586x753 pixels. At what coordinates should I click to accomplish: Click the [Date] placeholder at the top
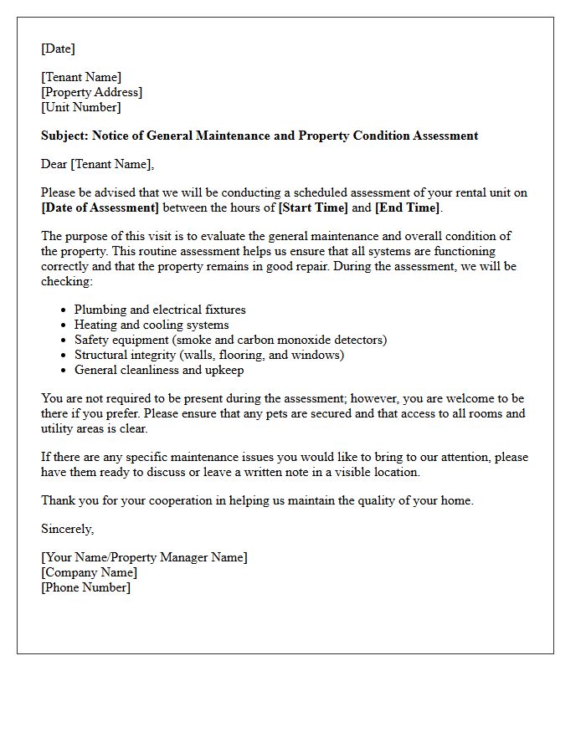(x=58, y=49)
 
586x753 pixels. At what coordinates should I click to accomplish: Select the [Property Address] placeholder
(x=91, y=92)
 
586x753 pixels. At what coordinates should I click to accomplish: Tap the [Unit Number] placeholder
(x=80, y=107)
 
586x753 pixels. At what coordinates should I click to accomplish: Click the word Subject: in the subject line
(x=64, y=136)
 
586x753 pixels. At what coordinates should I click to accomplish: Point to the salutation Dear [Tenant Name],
(x=97, y=164)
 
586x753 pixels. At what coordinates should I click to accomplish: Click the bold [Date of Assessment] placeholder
(x=100, y=207)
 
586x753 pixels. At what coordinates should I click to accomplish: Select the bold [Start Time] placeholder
(x=313, y=207)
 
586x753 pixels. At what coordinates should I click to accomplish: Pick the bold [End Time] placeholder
(x=407, y=207)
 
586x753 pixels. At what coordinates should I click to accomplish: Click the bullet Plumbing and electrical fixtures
(x=160, y=310)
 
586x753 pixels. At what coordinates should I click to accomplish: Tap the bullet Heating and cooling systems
(x=152, y=325)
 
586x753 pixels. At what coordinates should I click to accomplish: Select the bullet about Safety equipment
(x=230, y=340)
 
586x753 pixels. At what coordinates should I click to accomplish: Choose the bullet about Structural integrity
(x=209, y=355)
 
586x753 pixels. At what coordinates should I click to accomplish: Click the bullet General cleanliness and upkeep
(x=159, y=370)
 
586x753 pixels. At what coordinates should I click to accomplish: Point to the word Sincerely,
(x=67, y=529)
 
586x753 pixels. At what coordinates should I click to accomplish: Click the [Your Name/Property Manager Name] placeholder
(x=144, y=557)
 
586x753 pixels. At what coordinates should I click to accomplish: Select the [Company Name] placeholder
(x=89, y=572)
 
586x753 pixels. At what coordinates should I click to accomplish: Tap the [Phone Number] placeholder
(x=85, y=587)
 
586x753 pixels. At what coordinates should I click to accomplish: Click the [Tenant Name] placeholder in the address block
(x=81, y=77)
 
